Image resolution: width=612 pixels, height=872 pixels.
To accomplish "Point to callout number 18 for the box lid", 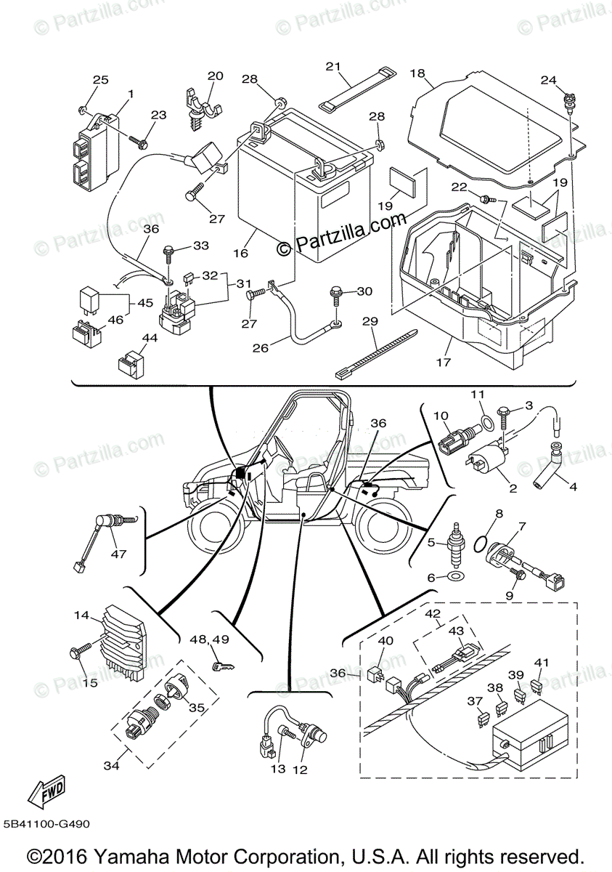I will (417, 73).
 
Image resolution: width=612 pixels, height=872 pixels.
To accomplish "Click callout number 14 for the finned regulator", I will (81, 616).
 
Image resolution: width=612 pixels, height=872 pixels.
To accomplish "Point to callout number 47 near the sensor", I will (118, 554).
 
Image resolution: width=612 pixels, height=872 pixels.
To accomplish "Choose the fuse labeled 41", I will (538, 685).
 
